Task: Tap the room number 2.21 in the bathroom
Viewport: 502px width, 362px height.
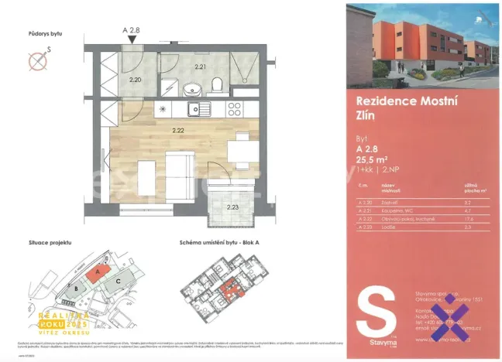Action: [201, 67]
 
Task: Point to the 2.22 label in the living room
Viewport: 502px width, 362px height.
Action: [179, 130]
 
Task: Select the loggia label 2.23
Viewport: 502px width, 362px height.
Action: [232, 207]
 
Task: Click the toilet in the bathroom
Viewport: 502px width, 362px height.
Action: [218, 84]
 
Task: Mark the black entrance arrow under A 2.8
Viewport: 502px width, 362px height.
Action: [132, 44]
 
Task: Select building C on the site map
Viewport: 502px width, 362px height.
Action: [117, 282]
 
